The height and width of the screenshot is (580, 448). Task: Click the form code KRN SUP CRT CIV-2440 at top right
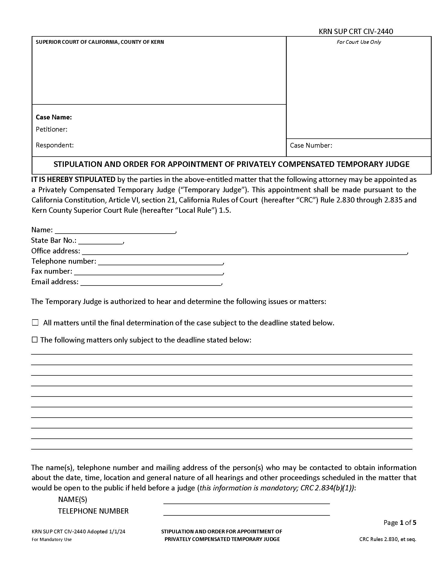click(x=356, y=32)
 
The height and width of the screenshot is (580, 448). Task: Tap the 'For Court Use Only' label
click(x=359, y=42)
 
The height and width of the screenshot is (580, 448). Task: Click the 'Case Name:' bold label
click(x=53, y=117)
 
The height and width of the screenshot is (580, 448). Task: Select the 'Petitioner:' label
click(x=51, y=129)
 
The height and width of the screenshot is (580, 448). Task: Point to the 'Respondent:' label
click(x=55, y=145)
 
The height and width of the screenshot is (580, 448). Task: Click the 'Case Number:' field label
click(x=311, y=145)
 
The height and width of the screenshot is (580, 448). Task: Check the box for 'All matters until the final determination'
click(x=35, y=323)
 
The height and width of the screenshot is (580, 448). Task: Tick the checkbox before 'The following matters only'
click(x=35, y=340)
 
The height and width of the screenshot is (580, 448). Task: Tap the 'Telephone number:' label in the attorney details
click(x=64, y=261)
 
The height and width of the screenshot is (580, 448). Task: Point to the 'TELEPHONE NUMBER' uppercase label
click(x=93, y=511)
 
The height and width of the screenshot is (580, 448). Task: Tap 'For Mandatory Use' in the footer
click(x=51, y=539)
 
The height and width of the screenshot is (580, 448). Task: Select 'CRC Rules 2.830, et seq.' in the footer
click(x=387, y=539)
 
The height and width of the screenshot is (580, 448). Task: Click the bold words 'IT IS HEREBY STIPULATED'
click(x=73, y=180)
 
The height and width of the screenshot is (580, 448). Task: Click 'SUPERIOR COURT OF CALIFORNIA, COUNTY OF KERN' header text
click(x=100, y=42)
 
